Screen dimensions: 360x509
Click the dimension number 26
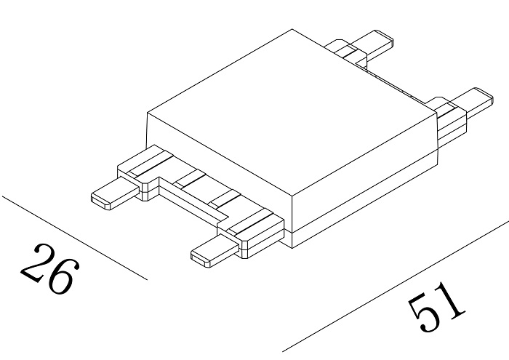(x=48, y=269)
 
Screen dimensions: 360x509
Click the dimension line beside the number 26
(x=73, y=236)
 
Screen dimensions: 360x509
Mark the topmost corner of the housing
(x=292, y=29)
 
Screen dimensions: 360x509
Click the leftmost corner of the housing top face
(x=148, y=113)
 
